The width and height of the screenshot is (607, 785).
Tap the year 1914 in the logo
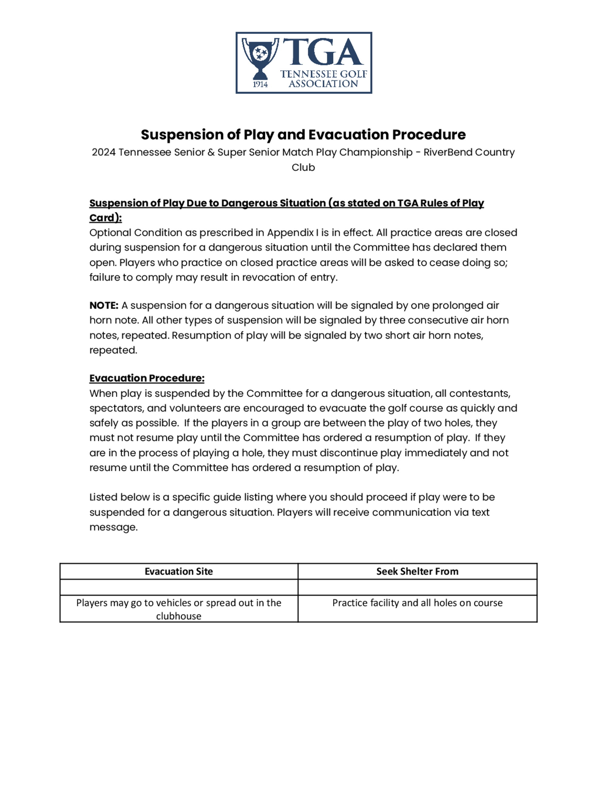click(260, 84)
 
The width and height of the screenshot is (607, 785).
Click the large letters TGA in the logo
click(323, 52)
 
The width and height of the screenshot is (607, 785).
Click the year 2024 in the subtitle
click(103, 152)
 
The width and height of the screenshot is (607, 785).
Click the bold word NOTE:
click(104, 305)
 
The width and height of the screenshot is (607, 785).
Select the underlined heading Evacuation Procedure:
click(147, 378)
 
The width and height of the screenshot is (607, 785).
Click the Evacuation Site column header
click(179, 571)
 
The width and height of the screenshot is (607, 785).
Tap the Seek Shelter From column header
click(417, 571)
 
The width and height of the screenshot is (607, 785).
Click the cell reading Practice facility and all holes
click(417, 603)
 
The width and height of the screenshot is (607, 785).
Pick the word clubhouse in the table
click(179, 616)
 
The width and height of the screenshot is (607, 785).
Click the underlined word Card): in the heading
click(105, 218)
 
